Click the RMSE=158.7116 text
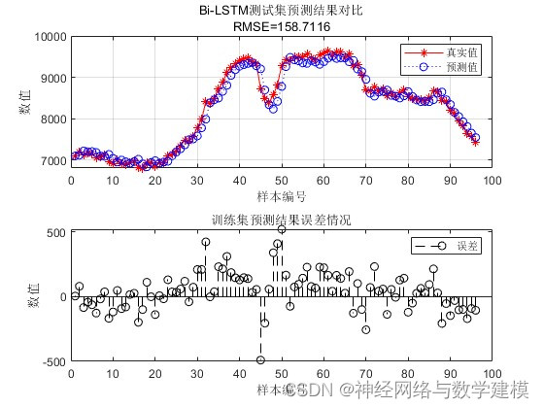pos(281,27)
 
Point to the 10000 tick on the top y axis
pos(49,37)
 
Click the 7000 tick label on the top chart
pos(51,161)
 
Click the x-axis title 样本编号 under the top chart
pos(281,195)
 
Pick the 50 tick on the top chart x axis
pos(282,180)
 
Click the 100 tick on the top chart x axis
pos(492,180)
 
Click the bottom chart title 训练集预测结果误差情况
pos(281,220)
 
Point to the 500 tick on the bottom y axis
pos(55,232)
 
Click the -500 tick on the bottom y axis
pos(51,360)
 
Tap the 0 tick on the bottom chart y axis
pos(62,296)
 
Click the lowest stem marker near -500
pos(260,359)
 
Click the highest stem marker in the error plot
pos(282,230)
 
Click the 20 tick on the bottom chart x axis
pos(155,374)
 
